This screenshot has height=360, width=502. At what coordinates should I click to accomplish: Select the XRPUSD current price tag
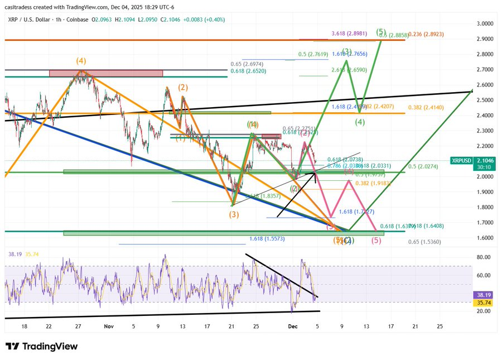[481, 160]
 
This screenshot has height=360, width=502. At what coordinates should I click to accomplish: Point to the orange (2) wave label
[183, 88]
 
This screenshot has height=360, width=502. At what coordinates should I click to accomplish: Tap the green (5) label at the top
[381, 32]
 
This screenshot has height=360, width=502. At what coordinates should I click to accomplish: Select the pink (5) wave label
[376, 241]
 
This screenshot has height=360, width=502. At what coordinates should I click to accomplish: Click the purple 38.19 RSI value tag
[481, 294]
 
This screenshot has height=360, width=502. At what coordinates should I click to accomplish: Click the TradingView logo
[41, 347]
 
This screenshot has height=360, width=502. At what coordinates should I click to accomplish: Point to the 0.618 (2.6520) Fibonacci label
[248, 71]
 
